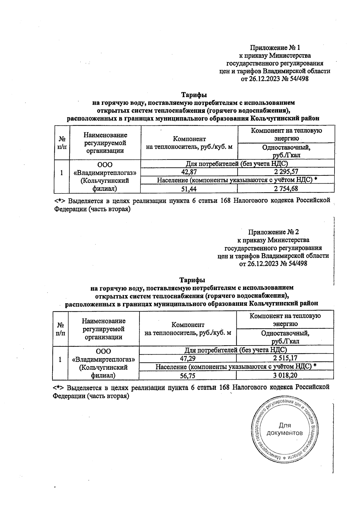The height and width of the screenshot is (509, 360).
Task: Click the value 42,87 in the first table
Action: click(x=189, y=172)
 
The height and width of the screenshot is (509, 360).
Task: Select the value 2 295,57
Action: click(x=286, y=172)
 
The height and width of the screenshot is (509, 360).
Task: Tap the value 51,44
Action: click(x=189, y=188)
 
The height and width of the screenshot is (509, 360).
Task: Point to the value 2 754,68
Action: click(x=286, y=188)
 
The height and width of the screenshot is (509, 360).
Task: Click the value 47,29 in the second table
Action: click(x=188, y=358)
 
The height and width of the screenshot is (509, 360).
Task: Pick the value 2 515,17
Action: click(x=285, y=358)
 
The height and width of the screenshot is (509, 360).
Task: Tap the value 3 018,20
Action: click(x=285, y=375)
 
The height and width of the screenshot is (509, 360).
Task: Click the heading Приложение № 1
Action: click(x=275, y=47)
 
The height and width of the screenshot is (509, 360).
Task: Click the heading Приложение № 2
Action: click(x=273, y=232)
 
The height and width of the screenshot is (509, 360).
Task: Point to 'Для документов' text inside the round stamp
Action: click(x=284, y=429)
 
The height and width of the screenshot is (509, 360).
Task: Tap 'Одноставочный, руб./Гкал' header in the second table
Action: click(x=285, y=337)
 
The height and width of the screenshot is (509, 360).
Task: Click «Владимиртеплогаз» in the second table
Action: click(x=104, y=359)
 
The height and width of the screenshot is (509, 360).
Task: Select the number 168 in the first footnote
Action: click(x=225, y=200)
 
